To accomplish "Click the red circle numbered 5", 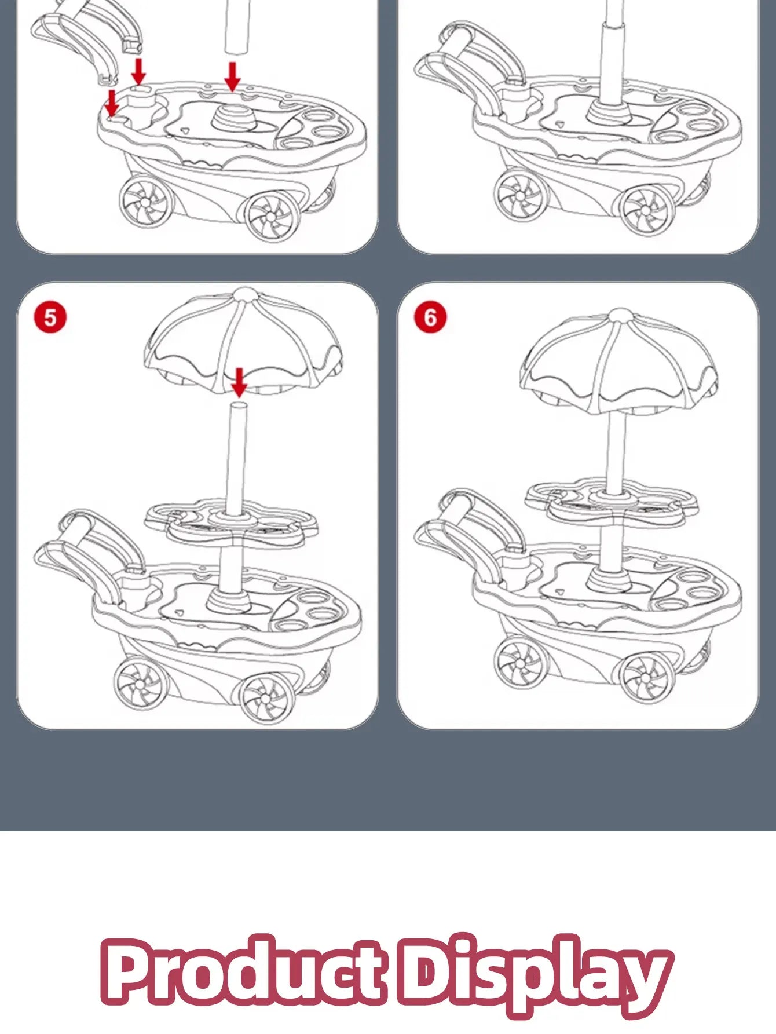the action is (50, 317).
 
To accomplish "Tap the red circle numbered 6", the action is (430, 317).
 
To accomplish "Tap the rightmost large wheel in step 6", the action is (647, 676).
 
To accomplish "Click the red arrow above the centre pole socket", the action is (232, 76).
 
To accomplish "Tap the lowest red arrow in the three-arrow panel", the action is (112, 103).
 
